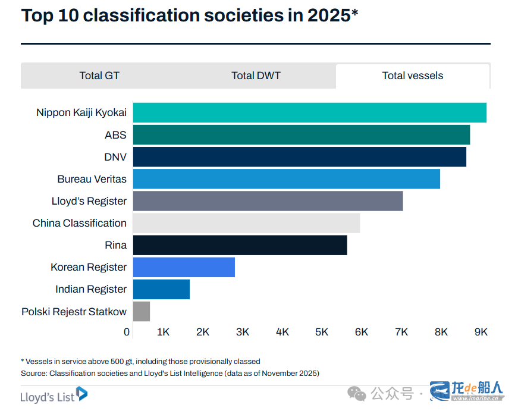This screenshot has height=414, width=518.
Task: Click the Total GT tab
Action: pyautogui.click(x=99, y=76)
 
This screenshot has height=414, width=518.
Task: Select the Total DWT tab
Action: pyautogui.click(x=256, y=76)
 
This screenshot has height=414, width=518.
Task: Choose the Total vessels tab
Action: pyautogui.click(x=412, y=76)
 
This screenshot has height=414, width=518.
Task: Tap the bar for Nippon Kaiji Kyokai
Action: pyautogui.click(x=309, y=112)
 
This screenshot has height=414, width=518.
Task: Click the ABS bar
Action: pyautogui.click(x=301, y=134)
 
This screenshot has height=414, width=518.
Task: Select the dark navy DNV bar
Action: pyautogui.click(x=299, y=157)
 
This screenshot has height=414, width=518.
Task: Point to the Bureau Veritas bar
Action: pyautogui.click(x=286, y=179)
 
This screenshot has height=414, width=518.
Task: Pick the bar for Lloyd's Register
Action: pyautogui.click(x=268, y=201)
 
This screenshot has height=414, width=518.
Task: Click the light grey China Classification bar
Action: pyautogui.click(x=246, y=223)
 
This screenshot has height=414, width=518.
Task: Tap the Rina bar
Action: pyautogui.click(x=240, y=245)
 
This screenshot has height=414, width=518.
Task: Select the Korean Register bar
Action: pyautogui.click(x=184, y=267)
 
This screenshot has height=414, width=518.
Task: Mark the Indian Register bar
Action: pyautogui.click(x=161, y=289)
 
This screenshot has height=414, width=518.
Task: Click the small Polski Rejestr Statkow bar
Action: pyautogui.click(x=142, y=311)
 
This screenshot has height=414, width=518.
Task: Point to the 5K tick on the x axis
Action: pyautogui.click(x=322, y=332)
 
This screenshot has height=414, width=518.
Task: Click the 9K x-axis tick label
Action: pyautogui.click(x=481, y=332)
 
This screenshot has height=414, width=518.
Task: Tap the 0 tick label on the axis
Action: pyautogui.click(x=127, y=332)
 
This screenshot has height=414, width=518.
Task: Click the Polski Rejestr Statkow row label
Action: pyautogui.click(x=74, y=312)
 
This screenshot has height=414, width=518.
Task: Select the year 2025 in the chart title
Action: pyautogui.click(x=329, y=15)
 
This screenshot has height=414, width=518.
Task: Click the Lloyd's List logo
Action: pyautogui.click(x=54, y=394)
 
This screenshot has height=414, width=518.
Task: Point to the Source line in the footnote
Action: pyautogui.click(x=170, y=374)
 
